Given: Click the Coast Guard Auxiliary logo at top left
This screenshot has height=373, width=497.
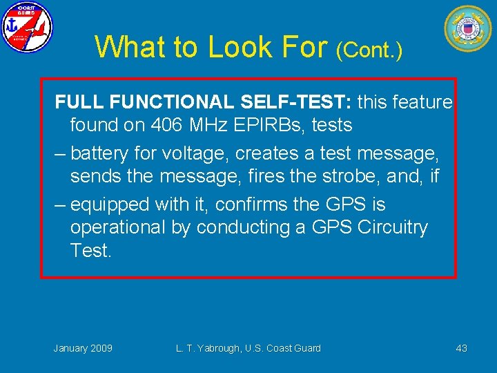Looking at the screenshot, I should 27,27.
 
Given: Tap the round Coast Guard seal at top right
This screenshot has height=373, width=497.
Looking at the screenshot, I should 467,28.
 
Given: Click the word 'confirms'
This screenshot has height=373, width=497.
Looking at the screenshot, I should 260,204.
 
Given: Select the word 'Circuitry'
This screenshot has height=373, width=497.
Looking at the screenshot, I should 393,227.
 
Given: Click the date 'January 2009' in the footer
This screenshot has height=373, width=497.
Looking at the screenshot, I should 83,348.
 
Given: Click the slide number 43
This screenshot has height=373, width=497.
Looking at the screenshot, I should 461,348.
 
